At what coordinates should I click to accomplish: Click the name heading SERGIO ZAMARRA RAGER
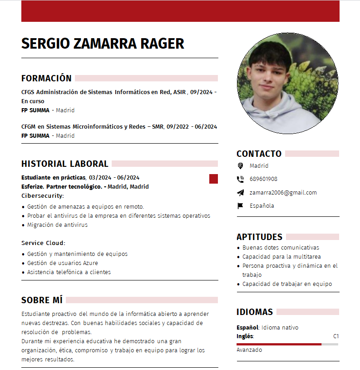coord(103,44)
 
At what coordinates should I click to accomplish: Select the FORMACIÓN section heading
coord(46,78)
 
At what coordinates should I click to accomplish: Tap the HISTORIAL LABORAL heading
coord(64,164)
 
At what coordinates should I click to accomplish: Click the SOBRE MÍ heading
coord(42,300)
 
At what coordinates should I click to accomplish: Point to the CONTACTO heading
coord(259,154)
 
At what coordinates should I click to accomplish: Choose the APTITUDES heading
coord(259,237)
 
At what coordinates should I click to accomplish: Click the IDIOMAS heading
coord(254,312)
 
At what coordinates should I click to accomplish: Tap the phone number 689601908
coord(263,179)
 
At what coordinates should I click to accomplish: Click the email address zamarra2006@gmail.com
coord(283,192)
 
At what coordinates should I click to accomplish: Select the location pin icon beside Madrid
coord(240,166)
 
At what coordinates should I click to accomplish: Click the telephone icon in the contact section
coord(240,179)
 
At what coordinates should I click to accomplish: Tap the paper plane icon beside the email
coord(240,192)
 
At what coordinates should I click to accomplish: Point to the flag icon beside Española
coord(240,205)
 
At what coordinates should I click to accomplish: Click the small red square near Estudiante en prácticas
coord(213,179)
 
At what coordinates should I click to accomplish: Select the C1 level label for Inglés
coord(336,336)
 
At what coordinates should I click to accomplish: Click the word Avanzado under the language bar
coord(249,350)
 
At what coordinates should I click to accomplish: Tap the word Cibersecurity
coord(43,195)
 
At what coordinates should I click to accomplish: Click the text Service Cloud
coord(43,243)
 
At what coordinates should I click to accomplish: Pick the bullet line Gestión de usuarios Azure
coord(62,263)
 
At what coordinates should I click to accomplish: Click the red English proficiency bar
coord(279,344)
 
